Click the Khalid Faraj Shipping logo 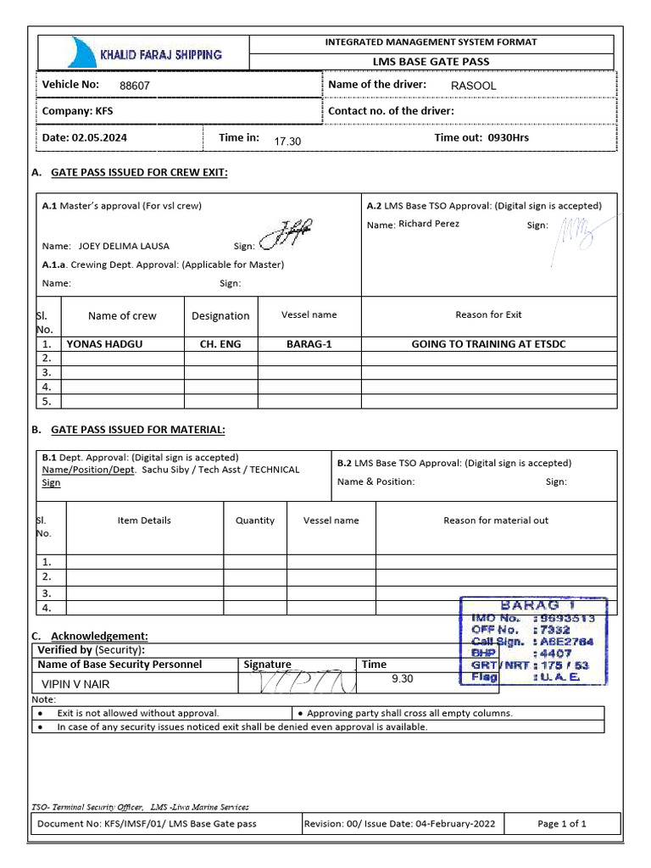[x=143, y=53]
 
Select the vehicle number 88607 [x=135, y=86]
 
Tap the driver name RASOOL [x=474, y=86]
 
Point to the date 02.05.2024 [x=100, y=137]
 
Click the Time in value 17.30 [x=287, y=141]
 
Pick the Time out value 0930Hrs [x=508, y=137]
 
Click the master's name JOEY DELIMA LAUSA [x=124, y=246]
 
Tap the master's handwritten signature [x=286, y=235]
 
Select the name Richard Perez [x=429, y=224]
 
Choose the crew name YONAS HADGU [x=105, y=344]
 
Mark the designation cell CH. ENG [x=220, y=344]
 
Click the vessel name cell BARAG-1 [x=309, y=344]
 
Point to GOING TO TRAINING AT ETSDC [x=488, y=344]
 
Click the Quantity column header [x=255, y=520]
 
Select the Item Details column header [x=144, y=520]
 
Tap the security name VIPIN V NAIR [x=76, y=684]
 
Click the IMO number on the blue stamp [x=565, y=619]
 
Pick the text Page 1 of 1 [x=562, y=823]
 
